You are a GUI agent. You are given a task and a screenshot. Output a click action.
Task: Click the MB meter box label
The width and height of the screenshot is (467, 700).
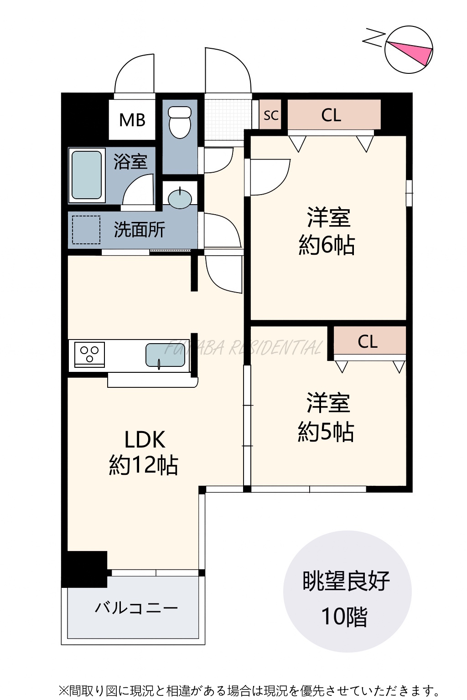pos(132,120)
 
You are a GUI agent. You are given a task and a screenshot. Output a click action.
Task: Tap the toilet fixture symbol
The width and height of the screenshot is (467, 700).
pos(180,122)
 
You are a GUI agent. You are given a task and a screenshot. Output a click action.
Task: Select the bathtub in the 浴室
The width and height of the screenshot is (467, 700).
pos(87,175)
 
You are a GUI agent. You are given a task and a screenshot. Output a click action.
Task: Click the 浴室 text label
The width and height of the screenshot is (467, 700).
pos(130,161)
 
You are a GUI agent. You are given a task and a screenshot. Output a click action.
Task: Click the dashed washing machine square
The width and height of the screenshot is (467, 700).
pos(86,230)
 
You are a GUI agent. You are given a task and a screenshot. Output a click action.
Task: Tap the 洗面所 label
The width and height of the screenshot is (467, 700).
pos(139,230)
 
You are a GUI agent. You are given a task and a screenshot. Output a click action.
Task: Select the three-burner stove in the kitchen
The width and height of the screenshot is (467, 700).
pos(89,355)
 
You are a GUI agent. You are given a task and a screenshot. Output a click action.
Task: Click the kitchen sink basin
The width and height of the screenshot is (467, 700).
pos(165,355)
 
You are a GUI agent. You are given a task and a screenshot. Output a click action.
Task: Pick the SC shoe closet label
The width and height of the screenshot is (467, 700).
pos(271,115)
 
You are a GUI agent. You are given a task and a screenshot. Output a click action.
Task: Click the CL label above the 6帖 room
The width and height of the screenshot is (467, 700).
pos(331,115)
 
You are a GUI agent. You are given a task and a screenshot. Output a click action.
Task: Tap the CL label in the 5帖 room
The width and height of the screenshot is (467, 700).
pos(368,341)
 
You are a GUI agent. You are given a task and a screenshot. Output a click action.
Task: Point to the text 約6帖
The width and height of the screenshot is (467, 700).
pos(327,245)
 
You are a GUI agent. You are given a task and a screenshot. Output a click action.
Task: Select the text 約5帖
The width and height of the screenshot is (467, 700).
pos(326,432)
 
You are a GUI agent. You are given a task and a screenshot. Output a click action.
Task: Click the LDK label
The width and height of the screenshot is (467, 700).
pos(145,440)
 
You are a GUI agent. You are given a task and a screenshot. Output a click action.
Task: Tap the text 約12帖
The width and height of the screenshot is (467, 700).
pos(144,465)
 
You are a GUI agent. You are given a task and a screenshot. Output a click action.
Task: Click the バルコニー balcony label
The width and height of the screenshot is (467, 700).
pos(136,608)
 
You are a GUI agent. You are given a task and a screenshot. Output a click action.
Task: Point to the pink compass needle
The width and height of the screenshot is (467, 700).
pos(410,51)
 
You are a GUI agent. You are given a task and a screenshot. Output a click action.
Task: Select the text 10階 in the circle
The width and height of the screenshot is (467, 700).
pos(344,623)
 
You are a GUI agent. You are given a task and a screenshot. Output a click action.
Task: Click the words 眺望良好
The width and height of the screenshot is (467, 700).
pos(346,581)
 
